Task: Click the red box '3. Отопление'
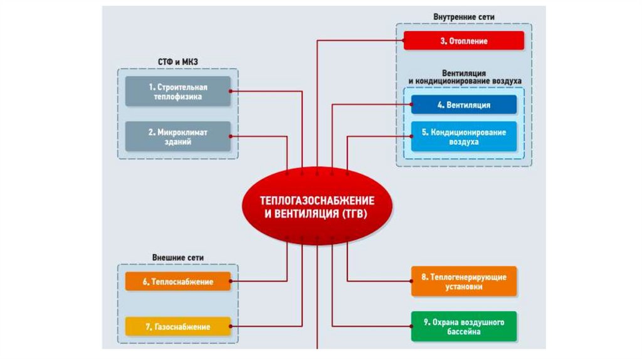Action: click(463, 41)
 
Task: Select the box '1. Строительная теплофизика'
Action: click(178, 91)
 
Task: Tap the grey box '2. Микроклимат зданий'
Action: click(178, 137)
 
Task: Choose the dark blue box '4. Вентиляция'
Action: click(464, 105)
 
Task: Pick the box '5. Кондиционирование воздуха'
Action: click(464, 137)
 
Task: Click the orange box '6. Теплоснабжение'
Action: click(178, 282)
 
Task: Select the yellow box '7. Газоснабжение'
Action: click(178, 327)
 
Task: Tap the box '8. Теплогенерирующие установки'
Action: click(464, 281)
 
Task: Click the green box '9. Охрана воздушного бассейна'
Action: click(464, 326)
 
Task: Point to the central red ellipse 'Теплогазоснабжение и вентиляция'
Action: click(317, 206)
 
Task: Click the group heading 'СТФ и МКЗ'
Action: click(178, 61)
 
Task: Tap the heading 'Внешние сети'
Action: click(178, 258)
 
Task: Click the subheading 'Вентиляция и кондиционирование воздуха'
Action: click(464, 77)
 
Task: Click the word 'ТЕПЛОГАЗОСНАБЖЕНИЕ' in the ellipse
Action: click(317, 200)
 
